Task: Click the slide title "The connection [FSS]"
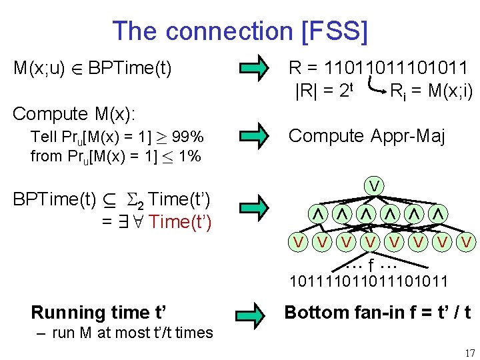point(239,31)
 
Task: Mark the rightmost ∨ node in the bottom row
point(467,241)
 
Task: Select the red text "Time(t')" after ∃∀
point(181,222)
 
